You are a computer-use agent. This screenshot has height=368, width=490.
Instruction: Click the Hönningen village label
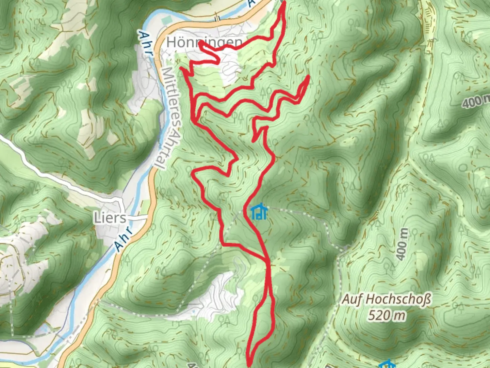click(x=205, y=43)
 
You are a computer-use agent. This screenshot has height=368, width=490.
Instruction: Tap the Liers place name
click(x=110, y=218)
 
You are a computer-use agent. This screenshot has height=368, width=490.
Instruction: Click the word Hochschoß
click(x=399, y=300)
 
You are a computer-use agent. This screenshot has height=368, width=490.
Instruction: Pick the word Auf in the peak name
click(x=351, y=300)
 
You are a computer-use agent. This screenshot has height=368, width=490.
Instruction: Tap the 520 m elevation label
click(x=386, y=316)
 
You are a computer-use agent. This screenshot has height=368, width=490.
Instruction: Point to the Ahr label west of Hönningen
click(x=145, y=43)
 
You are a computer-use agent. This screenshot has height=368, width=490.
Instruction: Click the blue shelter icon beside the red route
click(x=259, y=212)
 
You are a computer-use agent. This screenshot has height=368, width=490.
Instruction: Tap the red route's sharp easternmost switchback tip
click(x=308, y=77)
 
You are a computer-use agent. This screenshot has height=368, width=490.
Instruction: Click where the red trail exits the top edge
click(x=283, y=2)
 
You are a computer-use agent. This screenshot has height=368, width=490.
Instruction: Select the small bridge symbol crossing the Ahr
click(x=217, y=18)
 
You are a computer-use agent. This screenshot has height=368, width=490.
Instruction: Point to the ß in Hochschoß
click(x=427, y=300)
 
